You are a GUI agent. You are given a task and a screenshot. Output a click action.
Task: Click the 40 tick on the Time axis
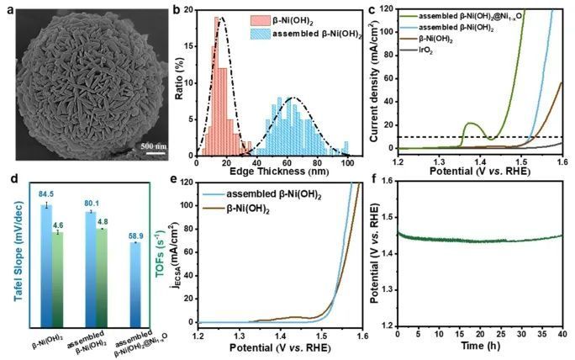pyautogui.click(x=561, y=333)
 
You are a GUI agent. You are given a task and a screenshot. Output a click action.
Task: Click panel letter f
pyautogui.click(x=373, y=179)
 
